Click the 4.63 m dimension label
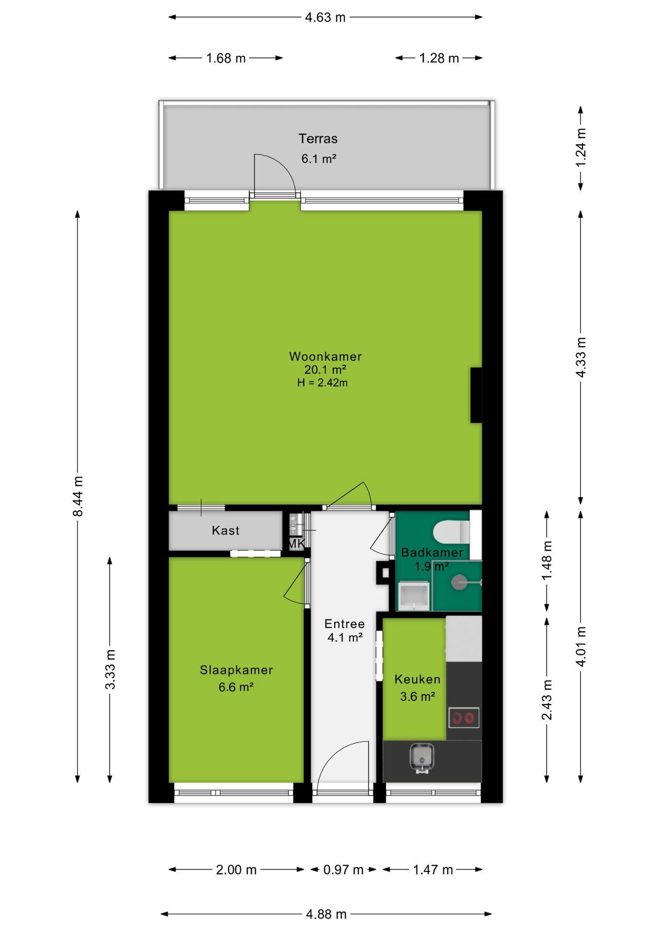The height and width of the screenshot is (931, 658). (325, 17)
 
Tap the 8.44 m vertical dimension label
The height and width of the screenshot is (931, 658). (78, 496)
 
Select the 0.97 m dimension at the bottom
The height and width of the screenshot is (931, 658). (343, 869)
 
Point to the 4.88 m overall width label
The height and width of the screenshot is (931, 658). (326, 914)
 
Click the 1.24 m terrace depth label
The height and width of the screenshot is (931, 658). (581, 147)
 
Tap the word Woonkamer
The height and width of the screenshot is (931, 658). (326, 356)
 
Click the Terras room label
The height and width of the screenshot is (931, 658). (318, 139)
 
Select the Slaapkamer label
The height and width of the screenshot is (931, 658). (236, 670)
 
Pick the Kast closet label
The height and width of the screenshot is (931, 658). (226, 530)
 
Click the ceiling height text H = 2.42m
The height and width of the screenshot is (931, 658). (322, 383)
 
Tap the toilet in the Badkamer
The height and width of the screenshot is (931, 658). (452, 532)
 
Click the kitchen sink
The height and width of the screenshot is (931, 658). (422, 757)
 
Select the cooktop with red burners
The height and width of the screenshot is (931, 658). (464, 718)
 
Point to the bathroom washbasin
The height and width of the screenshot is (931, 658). (414, 596)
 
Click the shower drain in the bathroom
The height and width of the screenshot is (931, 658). (458, 582)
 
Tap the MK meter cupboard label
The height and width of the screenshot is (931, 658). (296, 544)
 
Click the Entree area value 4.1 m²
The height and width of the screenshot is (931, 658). (345, 637)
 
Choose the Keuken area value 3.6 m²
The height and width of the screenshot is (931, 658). (418, 696)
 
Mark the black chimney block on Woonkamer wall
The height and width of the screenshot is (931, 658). (476, 395)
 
